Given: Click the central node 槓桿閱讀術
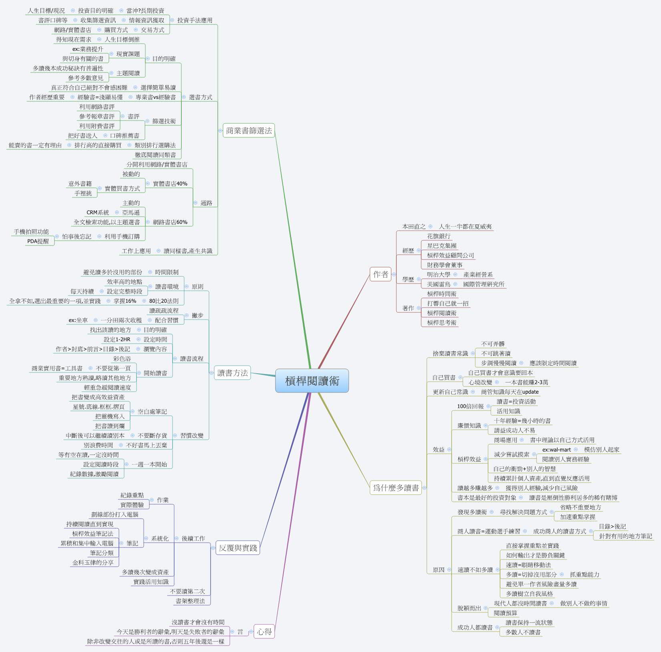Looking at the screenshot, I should coord(312,381).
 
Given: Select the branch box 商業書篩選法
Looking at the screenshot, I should coord(249,131).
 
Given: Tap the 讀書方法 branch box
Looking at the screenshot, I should coord(233,373).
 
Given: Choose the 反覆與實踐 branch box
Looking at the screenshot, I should coord(238,548).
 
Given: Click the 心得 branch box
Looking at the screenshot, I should coord(264,632).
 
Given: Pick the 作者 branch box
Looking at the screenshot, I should coord(380,274).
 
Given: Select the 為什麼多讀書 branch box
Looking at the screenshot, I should coord(396,488).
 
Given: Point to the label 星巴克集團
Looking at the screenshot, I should coord(442,246).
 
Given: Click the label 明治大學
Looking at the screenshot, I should coord(438,275).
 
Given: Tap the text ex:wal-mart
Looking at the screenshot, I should coord(557,450).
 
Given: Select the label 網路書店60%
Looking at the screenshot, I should coord(170,222).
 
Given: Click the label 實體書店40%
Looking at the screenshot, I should coord(170,184).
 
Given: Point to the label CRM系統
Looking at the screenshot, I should coord(98,213).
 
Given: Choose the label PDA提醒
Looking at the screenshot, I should coord(38,241).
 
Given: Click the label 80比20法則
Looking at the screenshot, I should coord(164,301).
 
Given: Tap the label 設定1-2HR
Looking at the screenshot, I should coord(117,340).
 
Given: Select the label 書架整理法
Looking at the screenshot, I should coord(190,601).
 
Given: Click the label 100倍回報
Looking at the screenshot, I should coord(470,406).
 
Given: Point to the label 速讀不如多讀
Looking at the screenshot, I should coord(475,570).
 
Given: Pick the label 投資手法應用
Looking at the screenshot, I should coord(195,20).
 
